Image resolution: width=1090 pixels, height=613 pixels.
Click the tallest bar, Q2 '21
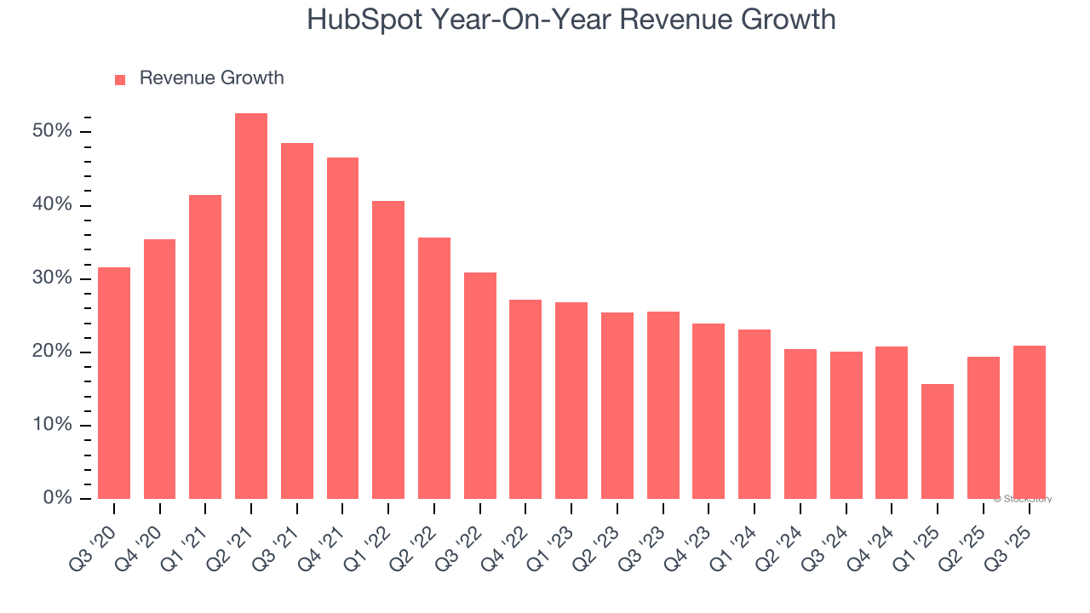click(x=251, y=306)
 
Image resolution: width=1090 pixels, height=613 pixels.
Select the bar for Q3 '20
click(x=114, y=383)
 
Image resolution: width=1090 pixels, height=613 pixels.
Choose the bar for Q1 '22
click(x=388, y=350)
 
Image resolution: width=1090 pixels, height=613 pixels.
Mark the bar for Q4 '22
click(x=525, y=399)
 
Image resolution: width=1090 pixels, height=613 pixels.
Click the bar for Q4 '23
click(x=708, y=411)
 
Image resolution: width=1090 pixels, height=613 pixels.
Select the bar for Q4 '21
click(x=342, y=328)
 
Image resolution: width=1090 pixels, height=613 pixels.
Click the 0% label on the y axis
click(x=58, y=498)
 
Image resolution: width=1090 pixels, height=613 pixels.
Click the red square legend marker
click(x=120, y=79)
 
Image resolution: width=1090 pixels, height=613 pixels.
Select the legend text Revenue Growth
click(x=211, y=78)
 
